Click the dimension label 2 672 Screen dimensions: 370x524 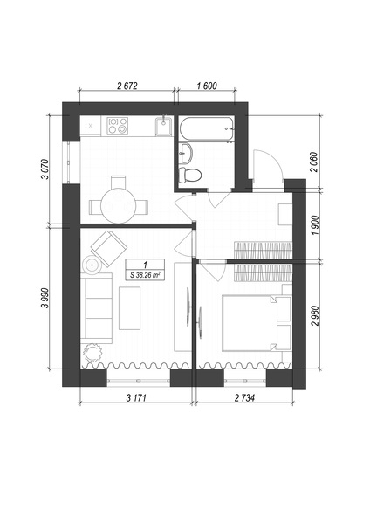(127, 86)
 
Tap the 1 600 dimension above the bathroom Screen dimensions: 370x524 (207, 86)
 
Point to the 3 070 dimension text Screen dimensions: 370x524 (45, 169)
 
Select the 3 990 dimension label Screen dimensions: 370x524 (45, 298)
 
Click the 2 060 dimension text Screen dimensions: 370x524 (314, 162)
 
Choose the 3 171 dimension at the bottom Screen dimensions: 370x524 (136, 398)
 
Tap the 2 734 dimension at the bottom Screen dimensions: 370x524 (244, 398)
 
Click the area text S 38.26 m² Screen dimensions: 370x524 (145, 275)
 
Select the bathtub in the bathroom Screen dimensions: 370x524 (207, 128)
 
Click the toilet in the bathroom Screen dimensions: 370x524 (189, 175)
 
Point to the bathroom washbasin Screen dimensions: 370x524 (186, 154)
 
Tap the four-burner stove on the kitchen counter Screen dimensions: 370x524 (118, 126)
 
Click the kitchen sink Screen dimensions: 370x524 (164, 126)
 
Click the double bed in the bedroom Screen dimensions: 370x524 (250, 323)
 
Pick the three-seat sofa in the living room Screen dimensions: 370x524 (96, 308)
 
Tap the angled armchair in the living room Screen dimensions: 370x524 (109, 248)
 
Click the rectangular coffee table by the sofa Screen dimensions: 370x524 (129, 308)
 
